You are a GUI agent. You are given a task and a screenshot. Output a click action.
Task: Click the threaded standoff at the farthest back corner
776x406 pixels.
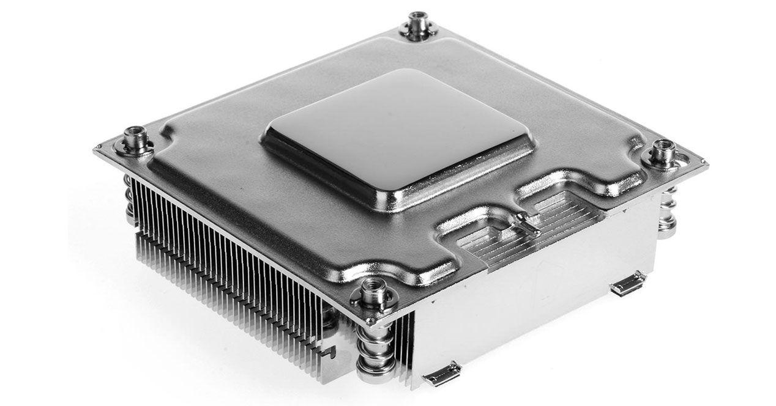coord(418,24)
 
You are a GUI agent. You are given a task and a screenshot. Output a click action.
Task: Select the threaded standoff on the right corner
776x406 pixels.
coord(663,153)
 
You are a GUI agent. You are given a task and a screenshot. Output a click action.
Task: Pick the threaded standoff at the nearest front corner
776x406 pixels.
coord(371,294)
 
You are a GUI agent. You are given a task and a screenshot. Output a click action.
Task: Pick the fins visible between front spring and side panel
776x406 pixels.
coord(405,342)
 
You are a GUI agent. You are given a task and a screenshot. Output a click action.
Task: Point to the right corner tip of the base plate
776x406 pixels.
coord(705,164)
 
